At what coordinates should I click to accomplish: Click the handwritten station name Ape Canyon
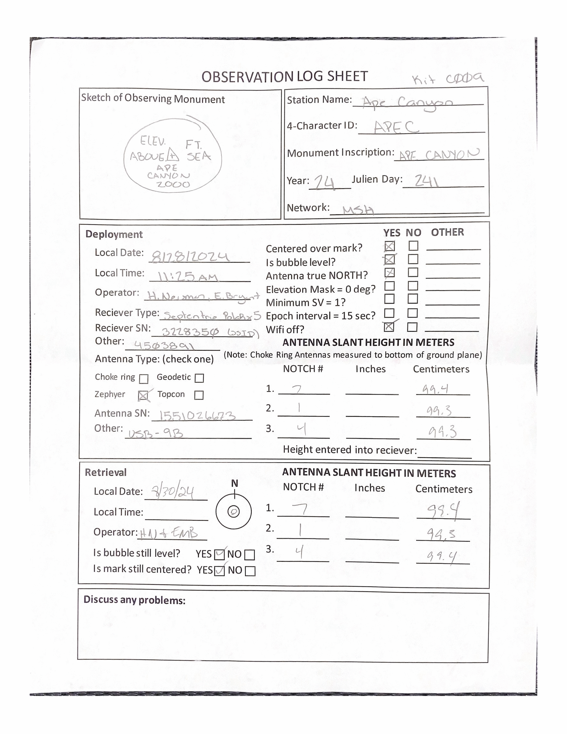(x=408, y=102)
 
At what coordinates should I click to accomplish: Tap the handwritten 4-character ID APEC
(x=396, y=127)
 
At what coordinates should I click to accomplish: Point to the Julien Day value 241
(x=426, y=181)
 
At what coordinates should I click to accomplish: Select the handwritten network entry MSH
(x=358, y=210)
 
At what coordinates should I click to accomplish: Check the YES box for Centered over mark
(x=389, y=246)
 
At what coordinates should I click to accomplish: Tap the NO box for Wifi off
(x=412, y=327)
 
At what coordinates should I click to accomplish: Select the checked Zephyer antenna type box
(x=143, y=396)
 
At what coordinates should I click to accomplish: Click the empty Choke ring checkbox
(x=144, y=379)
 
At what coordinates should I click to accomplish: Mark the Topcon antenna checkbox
(x=199, y=395)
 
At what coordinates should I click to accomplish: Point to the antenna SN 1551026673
(x=197, y=416)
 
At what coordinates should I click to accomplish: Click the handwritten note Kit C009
(x=448, y=79)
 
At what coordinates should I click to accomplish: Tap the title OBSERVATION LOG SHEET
(x=284, y=77)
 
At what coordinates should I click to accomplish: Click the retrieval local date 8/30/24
(x=173, y=492)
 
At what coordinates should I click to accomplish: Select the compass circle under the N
(x=234, y=512)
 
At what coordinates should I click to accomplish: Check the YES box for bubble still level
(x=219, y=554)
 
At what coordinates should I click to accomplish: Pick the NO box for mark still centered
(x=250, y=571)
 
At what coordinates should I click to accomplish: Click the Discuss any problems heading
(x=134, y=600)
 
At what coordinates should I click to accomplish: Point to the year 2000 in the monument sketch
(x=173, y=184)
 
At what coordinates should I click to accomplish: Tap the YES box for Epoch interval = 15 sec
(x=389, y=313)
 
